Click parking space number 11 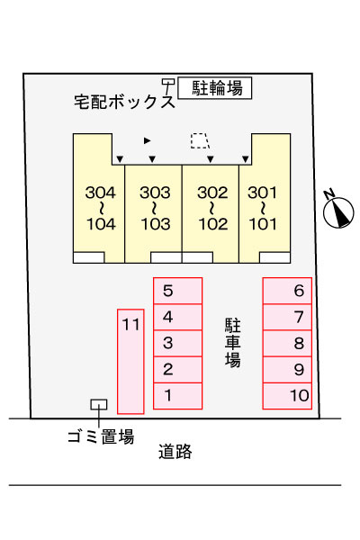130,361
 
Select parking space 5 177,291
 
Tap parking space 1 177,396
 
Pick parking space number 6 287,291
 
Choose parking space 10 287,396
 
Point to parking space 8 287,344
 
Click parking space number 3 177,344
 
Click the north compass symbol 338,211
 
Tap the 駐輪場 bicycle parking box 214,88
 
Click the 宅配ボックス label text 125,102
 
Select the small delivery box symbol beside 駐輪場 168,82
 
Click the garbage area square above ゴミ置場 99,404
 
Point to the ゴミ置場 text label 101,436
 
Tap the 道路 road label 175,451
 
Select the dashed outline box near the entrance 200,141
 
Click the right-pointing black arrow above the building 147,140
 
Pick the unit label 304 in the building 100,193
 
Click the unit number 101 263,224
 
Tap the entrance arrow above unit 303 152,159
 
